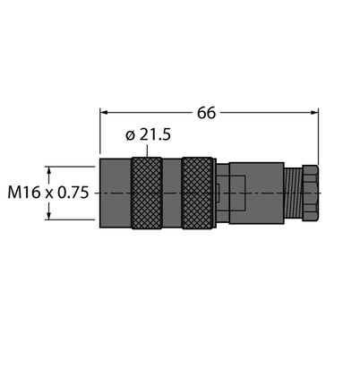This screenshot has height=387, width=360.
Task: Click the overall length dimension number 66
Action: pyautogui.click(x=206, y=113)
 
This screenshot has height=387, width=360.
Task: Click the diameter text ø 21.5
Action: pyautogui.click(x=149, y=134)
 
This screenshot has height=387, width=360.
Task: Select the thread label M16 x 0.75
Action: pyautogui.click(x=48, y=193)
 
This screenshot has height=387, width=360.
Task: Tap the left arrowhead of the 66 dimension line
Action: pyautogui.click(x=104, y=113)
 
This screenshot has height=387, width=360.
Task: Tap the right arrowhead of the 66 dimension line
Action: pyautogui.click(x=314, y=113)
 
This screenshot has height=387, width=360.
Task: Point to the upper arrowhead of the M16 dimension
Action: pyautogui.click(x=49, y=170)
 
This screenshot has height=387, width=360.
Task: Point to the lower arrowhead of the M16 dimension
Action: pyautogui.click(x=49, y=216)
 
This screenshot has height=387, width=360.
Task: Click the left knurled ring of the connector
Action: pyautogui.click(x=147, y=193)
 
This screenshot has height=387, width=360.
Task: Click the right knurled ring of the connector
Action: pyautogui.click(x=197, y=193)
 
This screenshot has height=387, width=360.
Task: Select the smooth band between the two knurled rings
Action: pyautogui.click(x=172, y=193)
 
